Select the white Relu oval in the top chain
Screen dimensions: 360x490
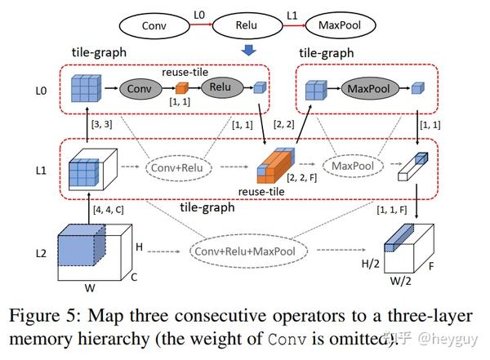(x=247, y=24)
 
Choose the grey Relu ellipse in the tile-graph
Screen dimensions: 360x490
(x=218, y=88)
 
